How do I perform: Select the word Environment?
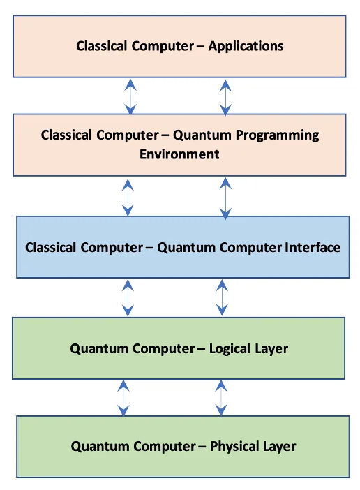click(x=179, y=154)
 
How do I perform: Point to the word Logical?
click(x=234, y=348)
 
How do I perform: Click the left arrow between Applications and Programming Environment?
click(x=130, y=96)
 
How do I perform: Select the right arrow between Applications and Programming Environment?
click(x=225, y=96)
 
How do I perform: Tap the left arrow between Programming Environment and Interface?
click(x=128, y=197)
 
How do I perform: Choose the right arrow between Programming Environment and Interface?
click(x=225, y=197)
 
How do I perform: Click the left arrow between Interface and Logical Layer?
click(x=128, y=297)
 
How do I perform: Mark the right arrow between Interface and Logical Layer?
click(x=222, y=297)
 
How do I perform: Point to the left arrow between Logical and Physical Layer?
click(x=123, y=398)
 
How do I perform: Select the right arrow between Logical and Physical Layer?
click(x=222, y=398)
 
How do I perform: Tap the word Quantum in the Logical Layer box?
click(x=95, y=348)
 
